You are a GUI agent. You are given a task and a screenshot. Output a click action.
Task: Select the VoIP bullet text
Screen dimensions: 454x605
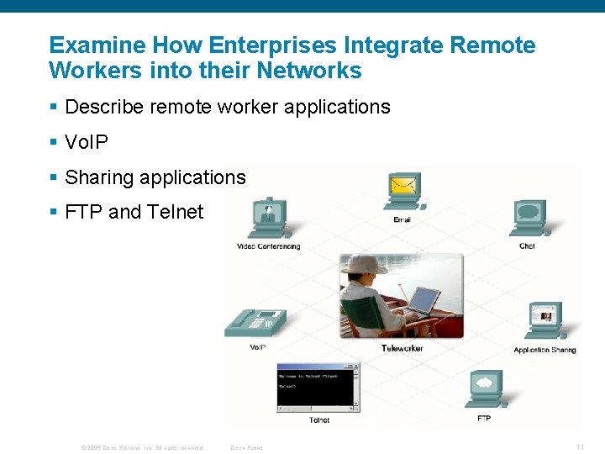click(87, 142)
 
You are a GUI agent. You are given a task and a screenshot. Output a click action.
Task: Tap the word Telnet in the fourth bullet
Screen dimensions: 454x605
click(175, 212)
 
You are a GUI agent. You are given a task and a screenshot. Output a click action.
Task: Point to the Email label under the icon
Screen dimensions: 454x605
click(402, 220)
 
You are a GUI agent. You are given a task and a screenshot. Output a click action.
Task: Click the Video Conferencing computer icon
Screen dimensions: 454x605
click(268, 219)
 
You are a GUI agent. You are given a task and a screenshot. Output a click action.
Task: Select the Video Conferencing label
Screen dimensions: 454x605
click(268, 246)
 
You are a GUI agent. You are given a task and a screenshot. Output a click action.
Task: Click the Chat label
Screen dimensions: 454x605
click(527, 246)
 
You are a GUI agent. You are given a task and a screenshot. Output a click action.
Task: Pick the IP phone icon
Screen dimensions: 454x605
click(255, 323)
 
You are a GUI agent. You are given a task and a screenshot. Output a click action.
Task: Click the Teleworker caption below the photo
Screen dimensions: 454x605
click(402, 348)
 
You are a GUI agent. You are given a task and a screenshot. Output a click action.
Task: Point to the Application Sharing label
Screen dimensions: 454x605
click(544, 350)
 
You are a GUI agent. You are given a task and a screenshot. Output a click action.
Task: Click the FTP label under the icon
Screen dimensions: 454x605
click(484, 418)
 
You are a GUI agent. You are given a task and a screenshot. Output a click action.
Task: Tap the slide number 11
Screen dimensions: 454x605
click(580, 446)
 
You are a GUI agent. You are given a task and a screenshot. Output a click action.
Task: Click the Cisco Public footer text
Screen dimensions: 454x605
click(246, 447)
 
